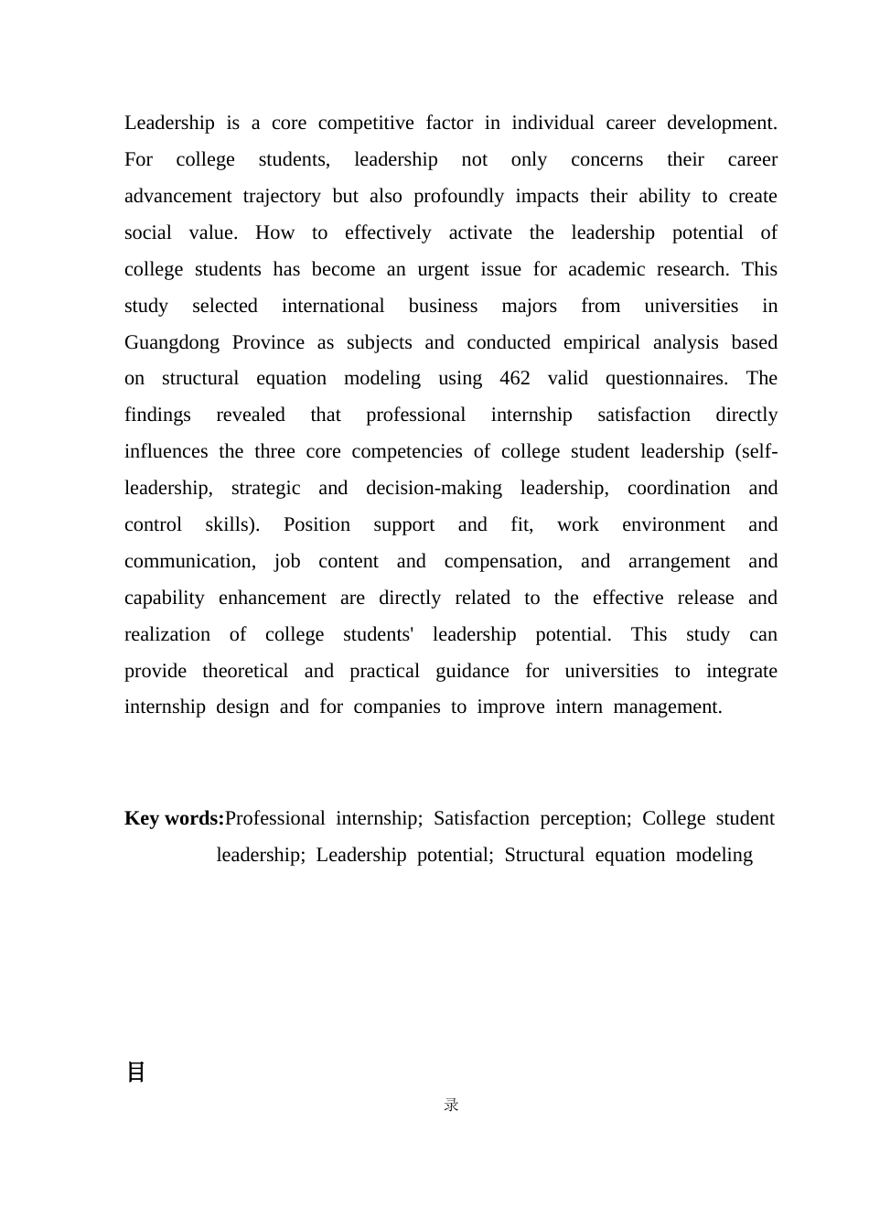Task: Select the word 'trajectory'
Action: [282, 197]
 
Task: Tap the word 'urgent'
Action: [444, 270]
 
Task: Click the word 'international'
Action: [333, 307]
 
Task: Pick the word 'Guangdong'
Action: [172, 343]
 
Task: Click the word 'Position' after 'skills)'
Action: [316, 525]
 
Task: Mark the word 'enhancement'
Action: [273, 599]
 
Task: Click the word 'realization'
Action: [167, 635]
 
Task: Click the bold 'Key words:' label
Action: [175, 819]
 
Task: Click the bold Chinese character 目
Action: [136, 1073]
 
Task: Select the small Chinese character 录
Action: [451, 1106]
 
